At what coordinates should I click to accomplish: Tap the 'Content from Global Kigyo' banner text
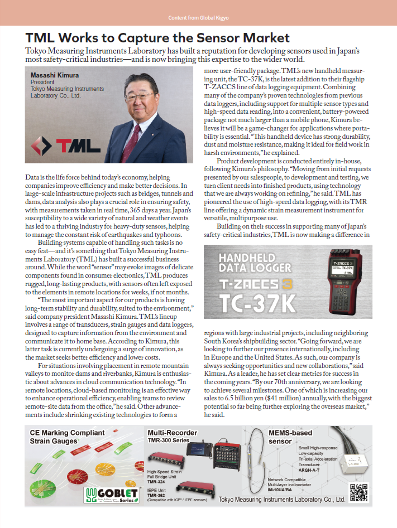pyautogui.click(x=198, y=18)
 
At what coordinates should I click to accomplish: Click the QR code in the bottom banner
pyautogui.click(x=358, y=493)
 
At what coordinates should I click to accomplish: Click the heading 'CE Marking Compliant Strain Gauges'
pyautogui.click(x=59, y=437)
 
